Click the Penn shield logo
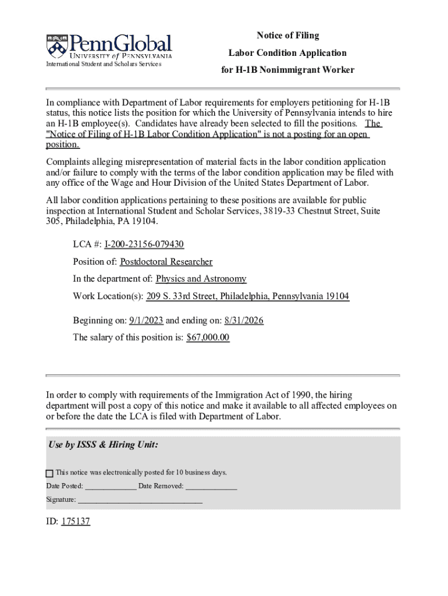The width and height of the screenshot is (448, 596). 56,45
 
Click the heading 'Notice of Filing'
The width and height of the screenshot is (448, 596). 288,36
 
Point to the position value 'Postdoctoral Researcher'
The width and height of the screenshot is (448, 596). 166,262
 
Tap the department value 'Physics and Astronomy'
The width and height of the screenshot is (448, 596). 201,279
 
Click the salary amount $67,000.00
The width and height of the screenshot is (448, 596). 208,338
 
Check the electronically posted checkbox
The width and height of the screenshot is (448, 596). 49,473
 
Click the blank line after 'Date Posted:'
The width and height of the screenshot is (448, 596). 111,487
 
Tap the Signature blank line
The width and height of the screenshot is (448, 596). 140,500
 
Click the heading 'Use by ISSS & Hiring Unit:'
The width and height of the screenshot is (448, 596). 103,445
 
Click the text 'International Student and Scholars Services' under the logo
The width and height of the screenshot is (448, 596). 104,64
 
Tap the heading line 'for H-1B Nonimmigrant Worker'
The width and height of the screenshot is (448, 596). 287,70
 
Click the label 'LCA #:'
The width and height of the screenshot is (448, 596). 87,244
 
